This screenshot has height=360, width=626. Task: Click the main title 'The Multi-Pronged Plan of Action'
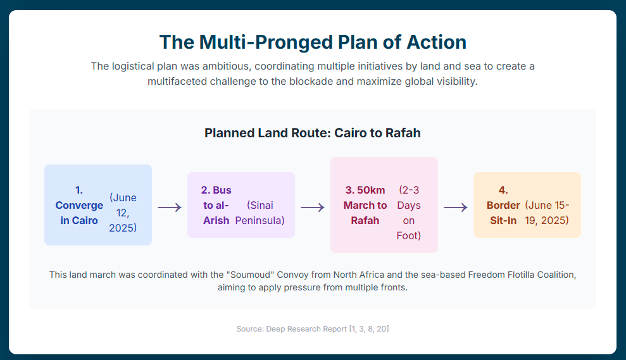[313, 42]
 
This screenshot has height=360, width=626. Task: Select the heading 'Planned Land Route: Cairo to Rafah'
[313, 133]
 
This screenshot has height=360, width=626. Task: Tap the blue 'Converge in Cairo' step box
[98, 205]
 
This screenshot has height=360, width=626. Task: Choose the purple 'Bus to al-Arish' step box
[241, 205]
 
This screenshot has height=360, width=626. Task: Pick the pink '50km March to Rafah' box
[384, 205]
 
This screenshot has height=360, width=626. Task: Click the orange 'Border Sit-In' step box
[527, 205]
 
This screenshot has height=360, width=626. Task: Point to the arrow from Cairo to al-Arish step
[170, 208]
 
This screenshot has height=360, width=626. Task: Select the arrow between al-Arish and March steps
[313, 208]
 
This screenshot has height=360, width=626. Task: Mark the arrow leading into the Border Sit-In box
[456, 208]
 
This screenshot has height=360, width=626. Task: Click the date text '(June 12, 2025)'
[123, 213]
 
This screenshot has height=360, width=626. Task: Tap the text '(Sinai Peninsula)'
[260, 213]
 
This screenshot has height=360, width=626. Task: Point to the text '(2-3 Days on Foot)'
[409, 213]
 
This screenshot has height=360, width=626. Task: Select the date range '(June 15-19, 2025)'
[547, 213]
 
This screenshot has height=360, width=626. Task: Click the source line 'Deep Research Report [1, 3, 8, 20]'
[327, 329]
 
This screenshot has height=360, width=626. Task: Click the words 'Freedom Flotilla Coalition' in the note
[522, 275]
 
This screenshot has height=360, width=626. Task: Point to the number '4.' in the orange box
[503, 190]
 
